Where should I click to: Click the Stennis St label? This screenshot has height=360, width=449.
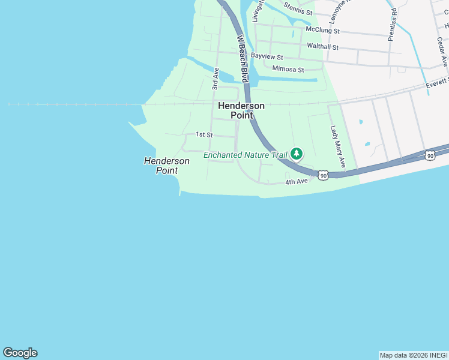click(x=298, y=11)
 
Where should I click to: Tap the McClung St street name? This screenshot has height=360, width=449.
click(x=322, y=29)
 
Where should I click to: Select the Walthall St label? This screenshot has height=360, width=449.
click(x=322, y=47)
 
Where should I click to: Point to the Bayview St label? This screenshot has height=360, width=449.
click(x=267, y=56)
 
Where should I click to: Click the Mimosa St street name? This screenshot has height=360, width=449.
click(x=288, y=69)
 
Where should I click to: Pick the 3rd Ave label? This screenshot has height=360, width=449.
click(x=215, y=79)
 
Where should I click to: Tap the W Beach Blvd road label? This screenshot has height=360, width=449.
click(x=243, y=59)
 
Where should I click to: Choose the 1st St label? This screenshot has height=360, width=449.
click(x=204, y=135)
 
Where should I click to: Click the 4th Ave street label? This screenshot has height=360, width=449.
click(x=297, y=181)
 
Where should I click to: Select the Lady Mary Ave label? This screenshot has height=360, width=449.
click(x=338, y=146)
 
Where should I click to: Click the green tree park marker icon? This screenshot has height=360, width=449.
click(x=296, y=154)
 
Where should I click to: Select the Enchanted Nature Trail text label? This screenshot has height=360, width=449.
click(x=246, y=155)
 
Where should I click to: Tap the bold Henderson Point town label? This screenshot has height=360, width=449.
click(x=241, y=110)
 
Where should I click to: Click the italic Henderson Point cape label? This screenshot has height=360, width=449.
click(x=166, y=166)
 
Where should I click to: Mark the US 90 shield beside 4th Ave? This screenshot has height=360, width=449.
click(x=324, y=175)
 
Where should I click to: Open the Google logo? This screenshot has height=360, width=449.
click(x=20, y=353)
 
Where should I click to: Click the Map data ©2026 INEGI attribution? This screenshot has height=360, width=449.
click(x=414, y=355)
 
